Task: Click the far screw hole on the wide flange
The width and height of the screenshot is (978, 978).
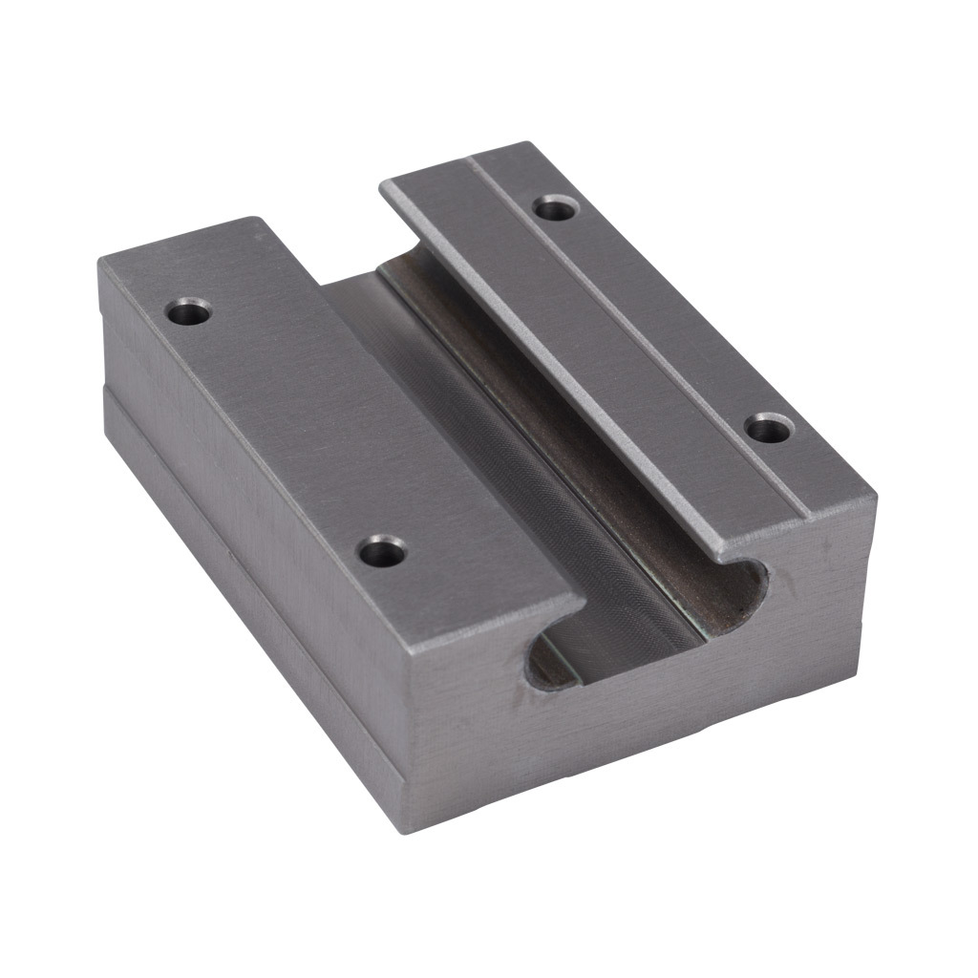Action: coord(188,310)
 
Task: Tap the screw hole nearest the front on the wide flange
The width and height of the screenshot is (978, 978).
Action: coord(382,550)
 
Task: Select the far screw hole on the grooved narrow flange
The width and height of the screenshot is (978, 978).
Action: coord(553,206)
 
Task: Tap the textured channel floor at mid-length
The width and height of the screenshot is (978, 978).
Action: coord(535,478)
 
